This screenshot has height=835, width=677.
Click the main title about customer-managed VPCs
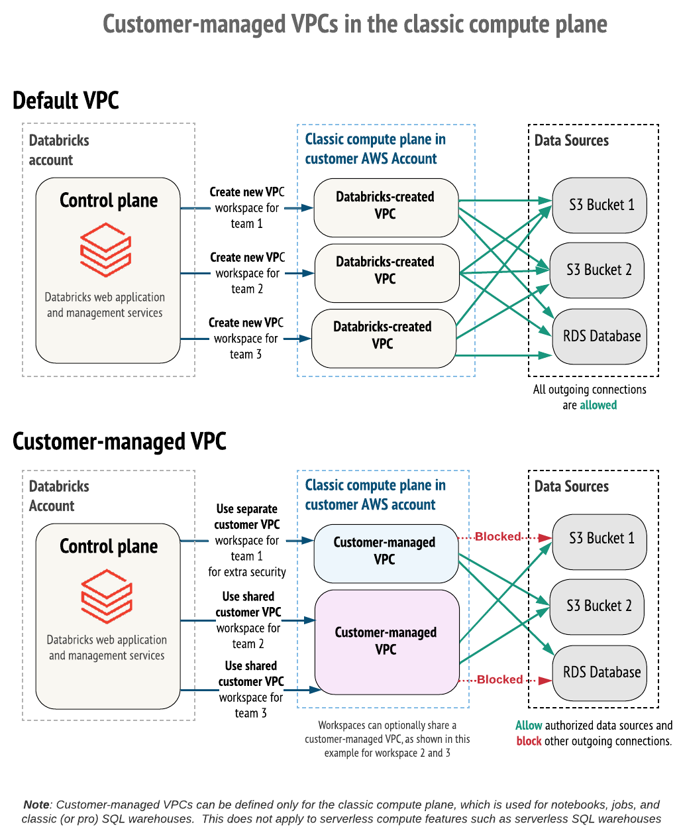click(x=354, y=25)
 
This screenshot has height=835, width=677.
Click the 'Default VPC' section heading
click(x=66, y=101)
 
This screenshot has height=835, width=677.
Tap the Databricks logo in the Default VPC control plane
click(x=105, y=249)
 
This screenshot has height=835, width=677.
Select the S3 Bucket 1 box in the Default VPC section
click(x=599, y=205)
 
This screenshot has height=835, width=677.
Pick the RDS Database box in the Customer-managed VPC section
click(x=599, y=673)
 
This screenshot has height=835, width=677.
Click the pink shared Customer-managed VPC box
click(x=387, y=641)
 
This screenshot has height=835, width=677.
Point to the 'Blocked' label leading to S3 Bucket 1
click(x=497, y=537)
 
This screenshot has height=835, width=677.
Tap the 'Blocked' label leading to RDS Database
click(x=499, y=680)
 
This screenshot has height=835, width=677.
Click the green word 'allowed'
click(x=598, y=406)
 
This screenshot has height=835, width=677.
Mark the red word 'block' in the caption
click(x=529, y=742)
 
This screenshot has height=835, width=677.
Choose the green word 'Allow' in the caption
click(x=529, y=726)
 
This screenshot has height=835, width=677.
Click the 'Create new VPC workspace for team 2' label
click(x=247, y=273)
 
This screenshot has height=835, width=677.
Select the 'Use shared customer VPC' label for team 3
click(x=251, y=689)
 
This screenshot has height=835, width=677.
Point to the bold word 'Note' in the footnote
click(x=36, y=805)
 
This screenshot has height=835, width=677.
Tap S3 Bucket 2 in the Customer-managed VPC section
click(x=598, y=606)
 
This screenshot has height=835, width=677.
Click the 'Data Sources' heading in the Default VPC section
click(x=571, y=140)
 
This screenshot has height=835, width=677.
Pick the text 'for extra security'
click(x=247, y=572)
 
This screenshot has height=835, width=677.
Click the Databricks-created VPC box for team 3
click(x=384, y=336)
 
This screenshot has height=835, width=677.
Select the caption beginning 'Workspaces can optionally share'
click(x=387, y=739)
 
